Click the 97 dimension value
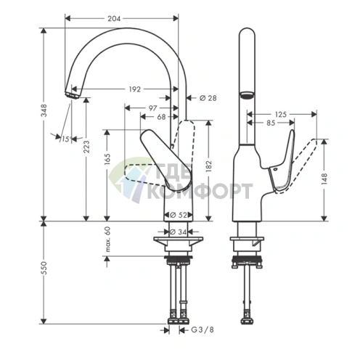pos(152,107)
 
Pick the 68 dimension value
pos(161,116)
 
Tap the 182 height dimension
pos(211,168)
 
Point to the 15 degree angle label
pos(65,139)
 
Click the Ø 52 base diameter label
pos(179,215)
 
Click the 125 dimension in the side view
pos(282,114)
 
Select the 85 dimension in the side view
pos(269,123)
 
